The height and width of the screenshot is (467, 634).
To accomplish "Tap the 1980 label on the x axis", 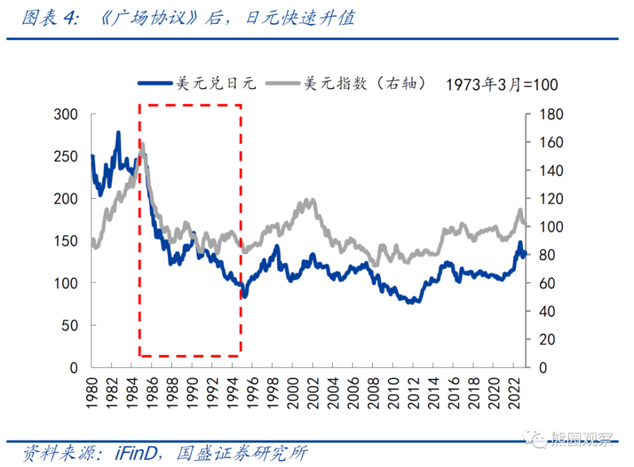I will (x=93, y=388).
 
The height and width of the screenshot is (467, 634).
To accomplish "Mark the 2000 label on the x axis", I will (x=294, y=388).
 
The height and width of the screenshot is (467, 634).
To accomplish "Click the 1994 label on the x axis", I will (x=233, y=388).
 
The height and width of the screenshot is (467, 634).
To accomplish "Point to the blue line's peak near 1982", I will (x=118, y=132).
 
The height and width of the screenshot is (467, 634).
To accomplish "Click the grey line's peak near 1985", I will (x=142, y=144).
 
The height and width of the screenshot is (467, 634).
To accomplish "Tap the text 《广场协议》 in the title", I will (x=150, y=18).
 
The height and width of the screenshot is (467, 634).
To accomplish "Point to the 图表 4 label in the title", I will (x=48, y=18).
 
